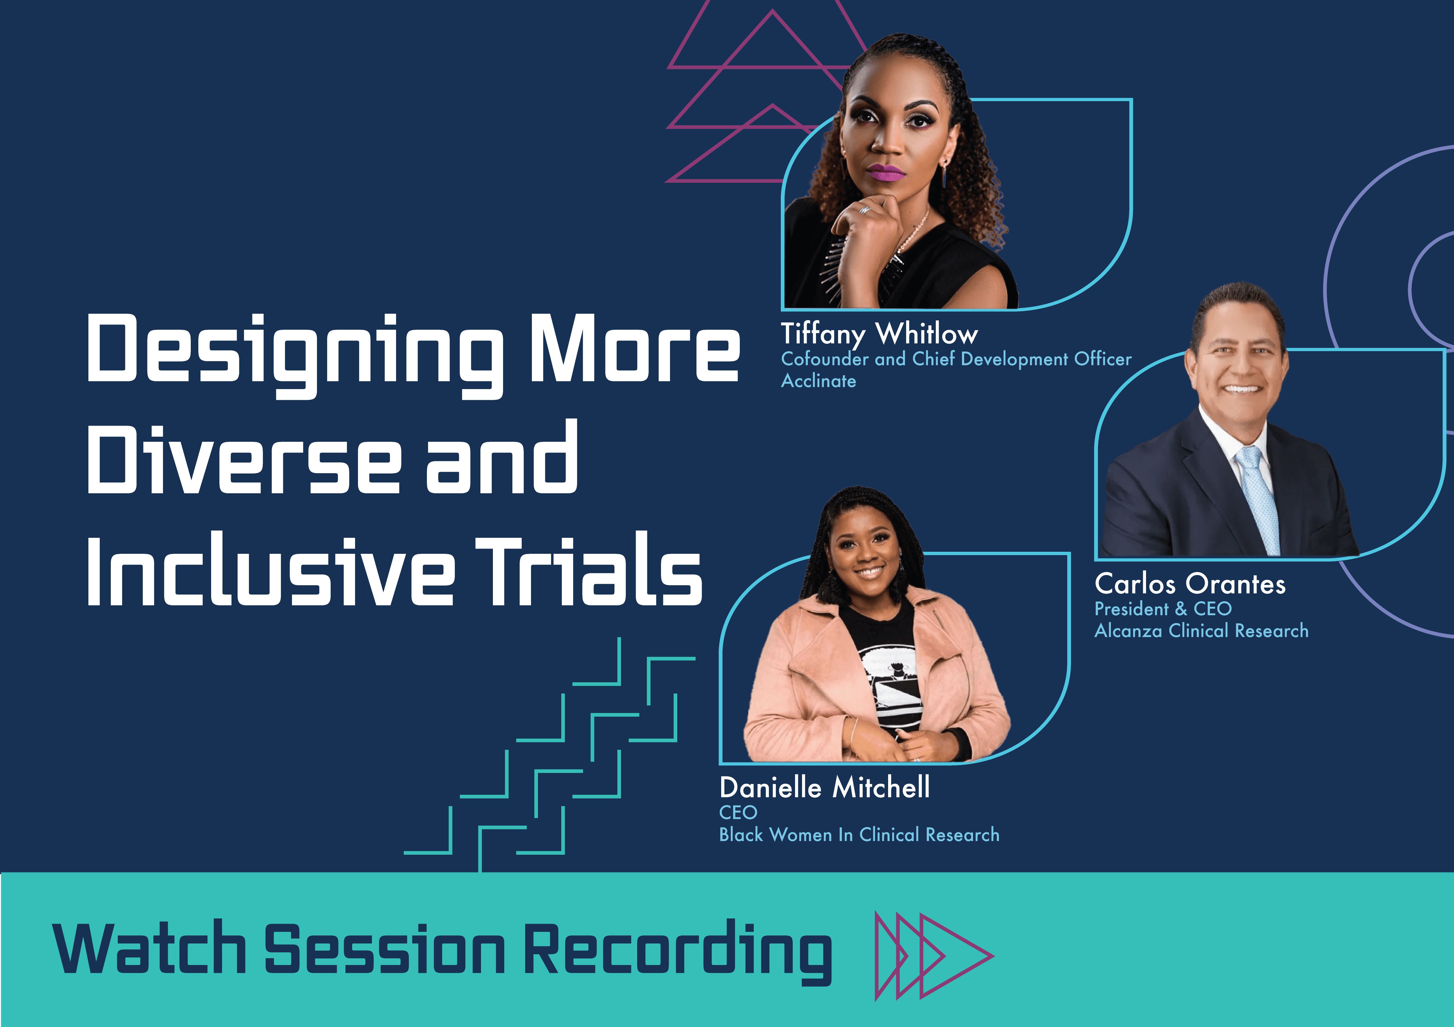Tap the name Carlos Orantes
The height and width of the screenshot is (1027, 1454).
pyautogui.click(x=1190, y=583)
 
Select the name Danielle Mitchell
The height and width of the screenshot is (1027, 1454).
pyautogui.click(x=824, y=787)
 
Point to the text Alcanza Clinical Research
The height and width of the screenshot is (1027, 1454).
pyautogui.click(x=1201, y=630)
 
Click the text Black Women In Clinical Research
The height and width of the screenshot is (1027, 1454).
pyautogui.click(x=859, y=834)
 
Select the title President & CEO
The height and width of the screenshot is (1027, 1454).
pyautogui.click(x=1163, y=609)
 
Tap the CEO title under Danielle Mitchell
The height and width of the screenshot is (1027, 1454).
pyautogui.click(x=738, y=812)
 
